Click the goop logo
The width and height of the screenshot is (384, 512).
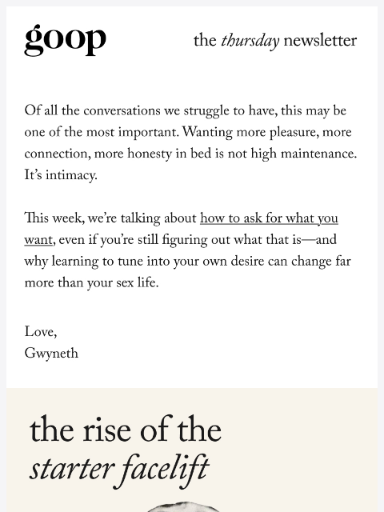pyautogui.click(x=65, y=39)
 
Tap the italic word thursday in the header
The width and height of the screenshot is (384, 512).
pyautogui.click(x=250, y=41)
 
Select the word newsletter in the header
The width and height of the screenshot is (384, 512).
pyautogui.click(x=320, y=41)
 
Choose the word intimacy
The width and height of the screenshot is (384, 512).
pyautogui.click(x=70, y=176)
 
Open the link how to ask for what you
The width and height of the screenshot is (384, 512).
pyautogui.click(x=269, y=219)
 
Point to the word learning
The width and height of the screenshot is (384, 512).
pyautogui.click(x=80, y=262)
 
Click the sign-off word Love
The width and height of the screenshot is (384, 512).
pyautogui.click(x=40, y=333)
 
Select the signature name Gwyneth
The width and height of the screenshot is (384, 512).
pyautogui.click(x=51, y=354)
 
